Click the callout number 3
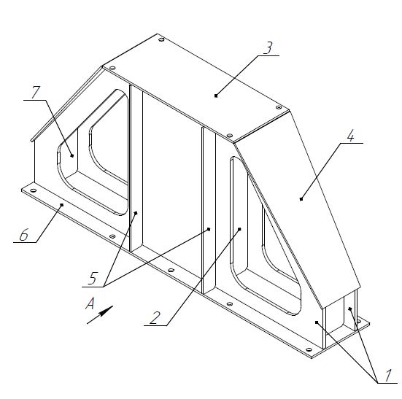click(x=268, y=47)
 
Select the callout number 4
click(x=350, y=135)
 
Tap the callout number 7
click(x=36, y=92)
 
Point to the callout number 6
click(x=23, y=234)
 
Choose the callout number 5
click(x=93, y=279)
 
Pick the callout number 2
click(x=155, y=317)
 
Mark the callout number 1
click(x=388, y=375)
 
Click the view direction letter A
click(x=90, y=303)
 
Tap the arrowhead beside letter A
click(x=106, y=311)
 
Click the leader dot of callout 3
click(x=216, y=96)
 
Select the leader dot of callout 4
click(x=301, y=199)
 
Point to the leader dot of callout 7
click(x=72, y=155)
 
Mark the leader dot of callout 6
click(x=61, y=204)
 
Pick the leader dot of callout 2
click(x=239, y=229)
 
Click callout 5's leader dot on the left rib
click(x=136, y=213)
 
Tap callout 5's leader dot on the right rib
click(x=209, y=229)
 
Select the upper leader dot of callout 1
click(x=350, y=309)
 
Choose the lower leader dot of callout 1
click(x=317, y=322)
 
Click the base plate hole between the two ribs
click(x=171, y=270)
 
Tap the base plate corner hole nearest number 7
click(x=33, y=190)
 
